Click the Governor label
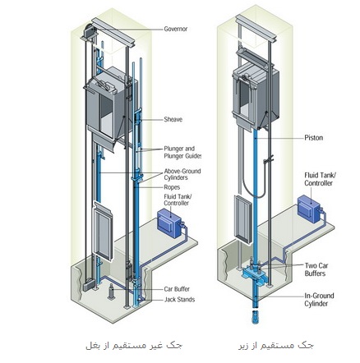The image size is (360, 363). click(176, 29)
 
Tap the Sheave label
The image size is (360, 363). click(173, 119)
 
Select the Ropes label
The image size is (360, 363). click(172, 187)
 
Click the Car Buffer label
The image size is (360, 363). click(177, 289)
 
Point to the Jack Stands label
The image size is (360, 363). click(179, 300)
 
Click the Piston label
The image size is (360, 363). click(314, 137)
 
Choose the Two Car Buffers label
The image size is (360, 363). click(316, 269)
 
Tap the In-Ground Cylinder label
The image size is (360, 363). click(319, 300)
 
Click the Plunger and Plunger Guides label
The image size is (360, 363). click(182, 153)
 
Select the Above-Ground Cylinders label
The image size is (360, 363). click(182, 174)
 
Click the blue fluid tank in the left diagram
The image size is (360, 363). click(169, 224)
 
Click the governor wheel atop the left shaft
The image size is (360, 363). click(89, 31)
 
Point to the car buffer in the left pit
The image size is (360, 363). click(111, 292)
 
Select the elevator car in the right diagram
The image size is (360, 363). click(256, 95)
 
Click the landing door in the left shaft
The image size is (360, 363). click(103, 231)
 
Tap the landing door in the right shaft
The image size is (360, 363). click(243, 219)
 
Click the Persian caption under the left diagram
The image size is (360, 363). click(134, 346)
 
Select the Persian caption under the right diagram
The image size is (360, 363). click(276, 346)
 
